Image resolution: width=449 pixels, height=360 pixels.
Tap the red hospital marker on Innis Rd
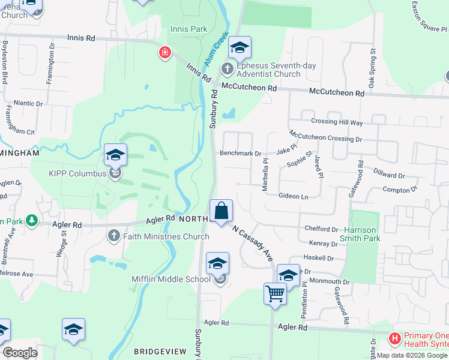tap(164, 53)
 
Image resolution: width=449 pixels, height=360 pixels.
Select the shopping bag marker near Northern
tap(221, 211)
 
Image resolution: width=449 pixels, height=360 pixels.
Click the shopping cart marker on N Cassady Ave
tap(275, 294)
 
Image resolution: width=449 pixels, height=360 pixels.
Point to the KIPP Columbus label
tap(77, 174)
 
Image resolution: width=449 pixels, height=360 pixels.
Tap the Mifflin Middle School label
tap(171, 279)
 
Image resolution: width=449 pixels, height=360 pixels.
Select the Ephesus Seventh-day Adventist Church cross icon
tap(228, 69)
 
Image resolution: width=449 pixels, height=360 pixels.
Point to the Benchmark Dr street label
tap(240, 154)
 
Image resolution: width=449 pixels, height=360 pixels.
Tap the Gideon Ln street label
tap(293, 196)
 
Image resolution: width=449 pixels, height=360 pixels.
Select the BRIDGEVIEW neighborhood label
tap(157, 350)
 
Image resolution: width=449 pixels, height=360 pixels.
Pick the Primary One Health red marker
tap(394, 338)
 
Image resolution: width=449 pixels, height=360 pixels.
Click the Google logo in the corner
tap(20, 353)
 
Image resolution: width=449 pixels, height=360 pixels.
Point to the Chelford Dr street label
tap(322, 229)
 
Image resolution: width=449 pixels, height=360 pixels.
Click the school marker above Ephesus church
tap(240, 47)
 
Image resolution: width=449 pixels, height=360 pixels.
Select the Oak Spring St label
tap(372, 68)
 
